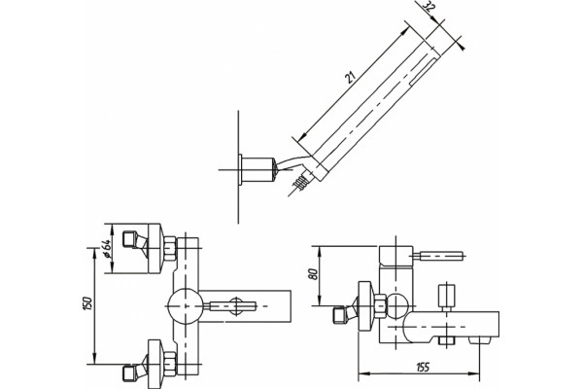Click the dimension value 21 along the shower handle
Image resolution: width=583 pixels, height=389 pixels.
click(351, 76)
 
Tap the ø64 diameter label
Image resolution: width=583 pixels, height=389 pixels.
click(106, 248)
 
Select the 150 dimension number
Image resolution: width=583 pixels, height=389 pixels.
click(87, 304)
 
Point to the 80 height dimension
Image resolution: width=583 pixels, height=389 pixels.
click(313, 274)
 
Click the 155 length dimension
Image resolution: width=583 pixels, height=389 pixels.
click(422, 368)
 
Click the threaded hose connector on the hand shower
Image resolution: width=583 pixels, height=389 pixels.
click(300, 182)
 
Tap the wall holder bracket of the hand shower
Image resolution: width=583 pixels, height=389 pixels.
click(257, 170)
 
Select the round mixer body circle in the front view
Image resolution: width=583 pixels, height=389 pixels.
click(185, 306)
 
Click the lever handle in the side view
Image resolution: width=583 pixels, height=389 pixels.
click(438, 256)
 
